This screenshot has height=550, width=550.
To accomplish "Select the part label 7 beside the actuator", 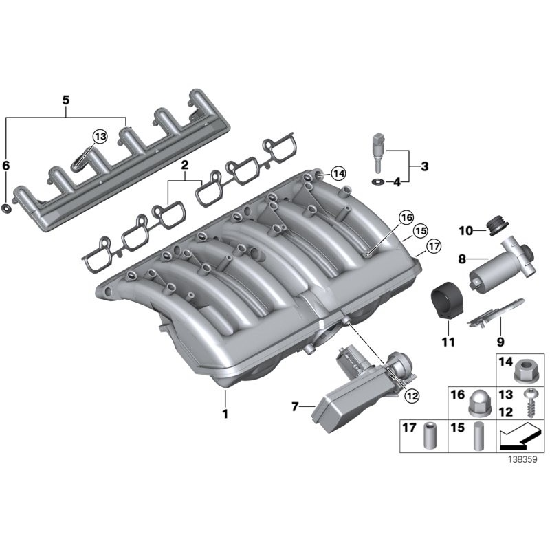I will tap(295, 407).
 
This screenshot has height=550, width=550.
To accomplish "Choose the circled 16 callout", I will tap(406, 219).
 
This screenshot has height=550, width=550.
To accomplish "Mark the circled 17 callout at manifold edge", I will tap(433, 245).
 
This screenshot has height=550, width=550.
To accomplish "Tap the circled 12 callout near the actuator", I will tap(411, 395).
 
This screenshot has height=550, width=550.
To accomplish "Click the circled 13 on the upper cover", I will tap(100, 137).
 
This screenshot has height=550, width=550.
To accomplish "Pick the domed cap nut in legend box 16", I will tap(474, 405).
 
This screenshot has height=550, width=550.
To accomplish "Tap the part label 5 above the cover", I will tap(66, 100).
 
